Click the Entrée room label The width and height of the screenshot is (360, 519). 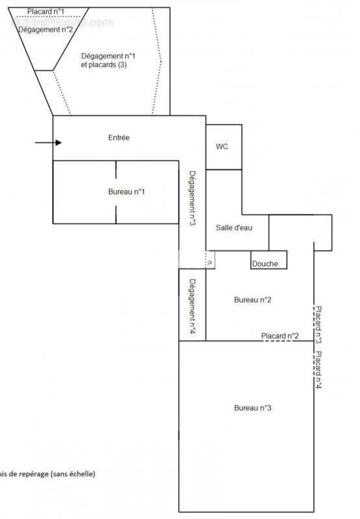tap(119, 138)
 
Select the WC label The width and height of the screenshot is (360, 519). tap(222, 147)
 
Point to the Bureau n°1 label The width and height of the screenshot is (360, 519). tap(126, 191)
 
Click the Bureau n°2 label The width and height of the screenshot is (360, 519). tap(252, 300)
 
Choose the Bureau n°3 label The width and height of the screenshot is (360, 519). tap(252, 407)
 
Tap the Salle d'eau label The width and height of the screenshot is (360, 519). tap(234, 228)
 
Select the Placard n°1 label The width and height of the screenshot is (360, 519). tap(45, 12)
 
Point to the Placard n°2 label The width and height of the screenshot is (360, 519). tap(280, 335)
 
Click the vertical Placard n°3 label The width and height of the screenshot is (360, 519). tap(318, 324)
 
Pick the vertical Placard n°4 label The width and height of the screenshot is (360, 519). tap(318, 370)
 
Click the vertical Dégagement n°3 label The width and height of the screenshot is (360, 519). tap(193, 198)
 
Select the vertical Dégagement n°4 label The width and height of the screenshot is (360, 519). tap(193, 306)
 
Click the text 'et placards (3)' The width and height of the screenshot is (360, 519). tap(108, 66)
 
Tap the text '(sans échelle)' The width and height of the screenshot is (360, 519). tap(73, 474)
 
